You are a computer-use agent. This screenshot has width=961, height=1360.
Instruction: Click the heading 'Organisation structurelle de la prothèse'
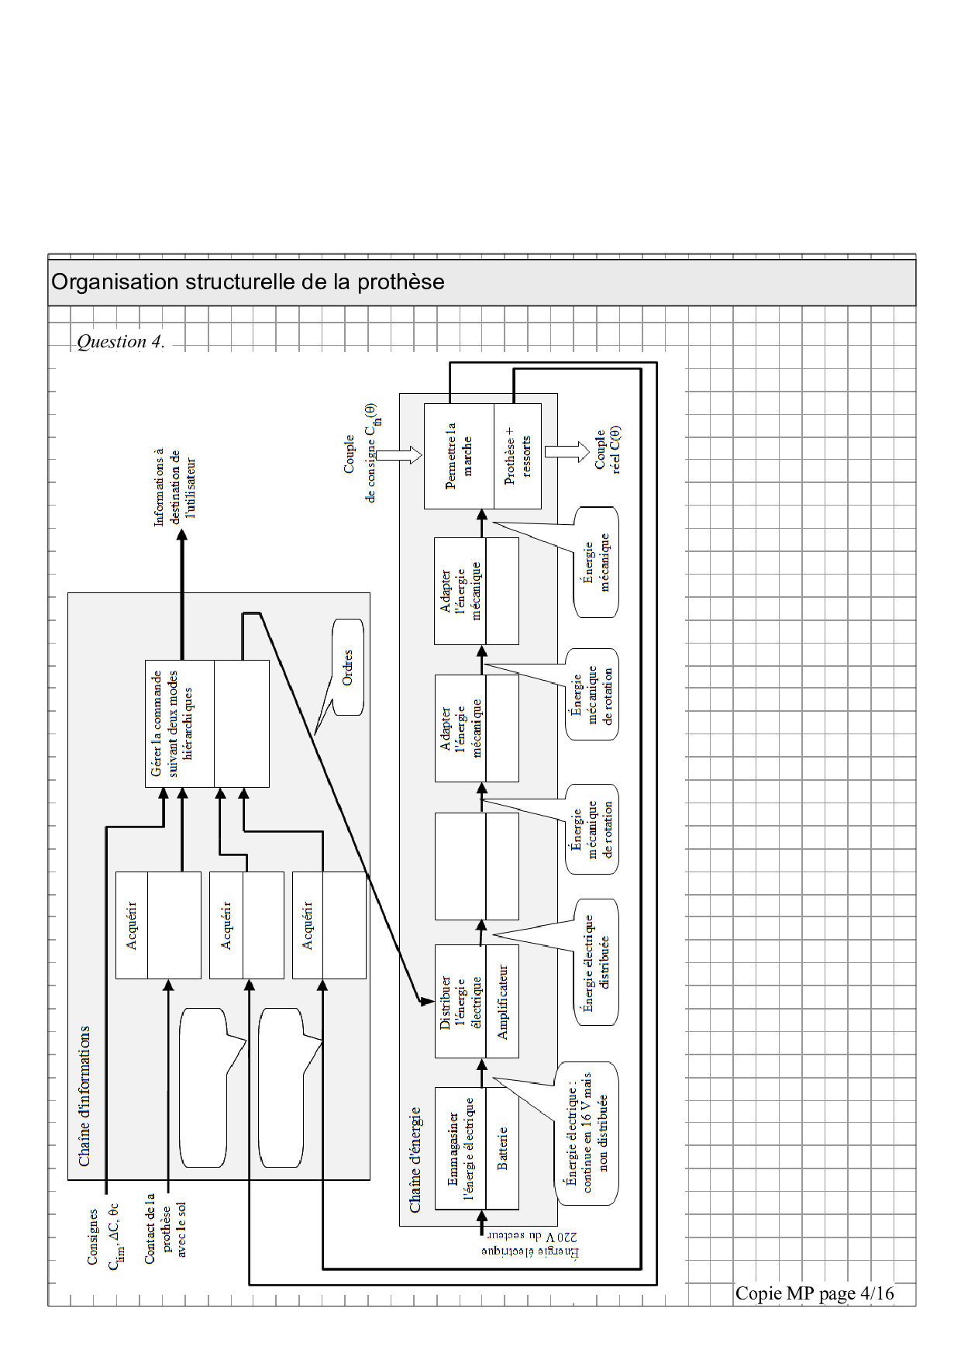pos(248,281)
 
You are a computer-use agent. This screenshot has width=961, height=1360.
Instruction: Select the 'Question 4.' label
pos(120,342)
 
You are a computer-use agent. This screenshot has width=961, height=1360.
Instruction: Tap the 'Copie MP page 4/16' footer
pos(815,1293)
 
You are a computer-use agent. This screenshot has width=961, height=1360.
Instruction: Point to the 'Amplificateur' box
pos(502,1001)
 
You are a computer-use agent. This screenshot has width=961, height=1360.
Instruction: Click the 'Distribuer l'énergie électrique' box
pos(460,1001)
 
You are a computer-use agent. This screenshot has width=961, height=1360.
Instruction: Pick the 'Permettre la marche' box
pos(459,456)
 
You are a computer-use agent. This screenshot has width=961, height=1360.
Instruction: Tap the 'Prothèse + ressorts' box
pos(518,456)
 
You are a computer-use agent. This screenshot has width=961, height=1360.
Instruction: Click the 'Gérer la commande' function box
pos(179,723)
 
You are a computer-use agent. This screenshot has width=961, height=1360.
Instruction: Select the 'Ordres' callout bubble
pos(347,667)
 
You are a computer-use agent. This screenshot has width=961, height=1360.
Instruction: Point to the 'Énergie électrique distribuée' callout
pos(596,962)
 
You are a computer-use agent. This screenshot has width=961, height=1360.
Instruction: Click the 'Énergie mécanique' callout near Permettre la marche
pos(596,562)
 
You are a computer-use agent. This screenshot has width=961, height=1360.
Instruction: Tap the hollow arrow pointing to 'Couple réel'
pos(567,452)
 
